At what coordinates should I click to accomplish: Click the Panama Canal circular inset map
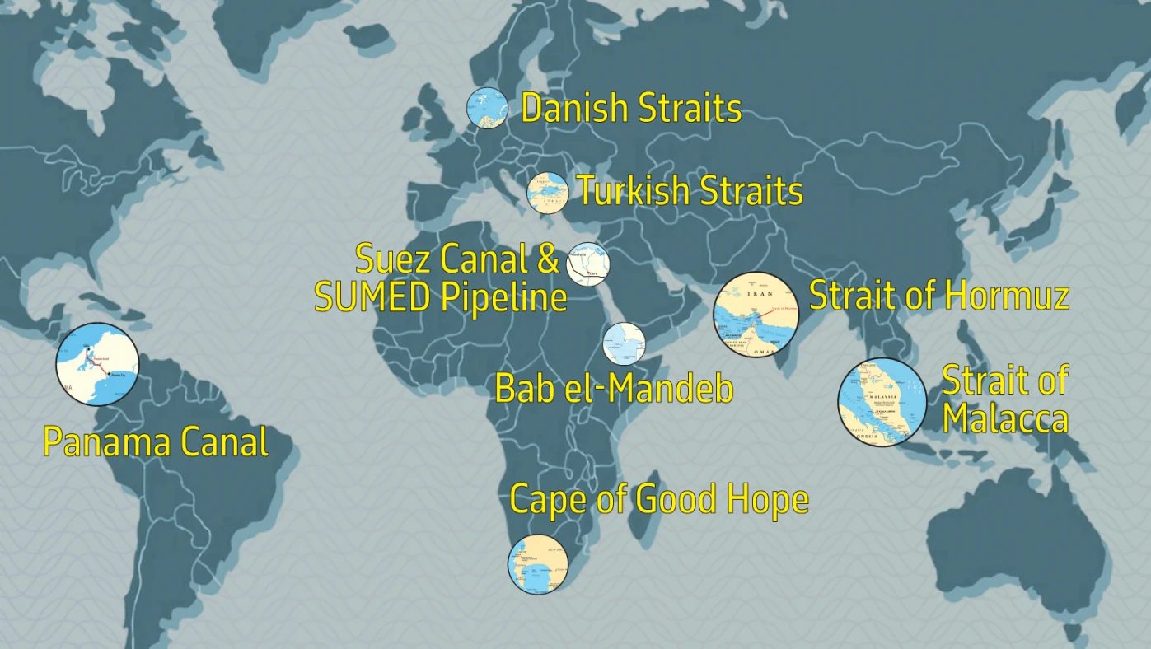click(97, 364)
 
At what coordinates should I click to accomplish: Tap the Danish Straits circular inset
click(487, 108)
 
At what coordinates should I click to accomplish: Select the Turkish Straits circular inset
click(548, 193)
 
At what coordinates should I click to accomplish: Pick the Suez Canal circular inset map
click(588, 264)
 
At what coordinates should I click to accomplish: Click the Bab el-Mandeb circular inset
click(624, 343)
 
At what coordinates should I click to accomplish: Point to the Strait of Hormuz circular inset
click(756, 315)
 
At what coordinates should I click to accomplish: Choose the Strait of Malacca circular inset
click(882, 402)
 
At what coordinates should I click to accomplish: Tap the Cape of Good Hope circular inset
click(538, 564)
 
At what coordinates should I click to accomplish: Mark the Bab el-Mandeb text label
click(614, 389)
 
